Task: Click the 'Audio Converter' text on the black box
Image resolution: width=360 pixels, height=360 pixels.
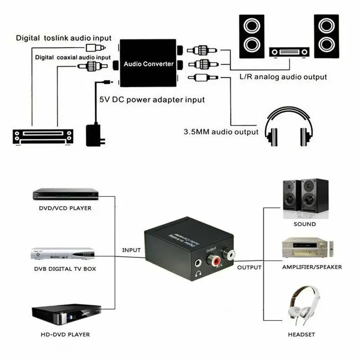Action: click(148, 64)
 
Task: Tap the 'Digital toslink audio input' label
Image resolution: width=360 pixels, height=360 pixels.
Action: click(63, 38)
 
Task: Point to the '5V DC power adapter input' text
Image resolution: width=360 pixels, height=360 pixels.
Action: click(151, 99)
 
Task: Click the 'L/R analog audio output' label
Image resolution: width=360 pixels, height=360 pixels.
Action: click(283, 77)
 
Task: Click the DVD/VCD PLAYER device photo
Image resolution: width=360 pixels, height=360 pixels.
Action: click(65, 195)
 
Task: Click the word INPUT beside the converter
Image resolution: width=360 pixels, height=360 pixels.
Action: click(131, 250)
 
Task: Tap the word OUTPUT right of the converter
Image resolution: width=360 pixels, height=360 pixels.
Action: click(249, 267)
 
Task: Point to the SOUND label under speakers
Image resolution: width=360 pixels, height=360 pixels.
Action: click(305, 224)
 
